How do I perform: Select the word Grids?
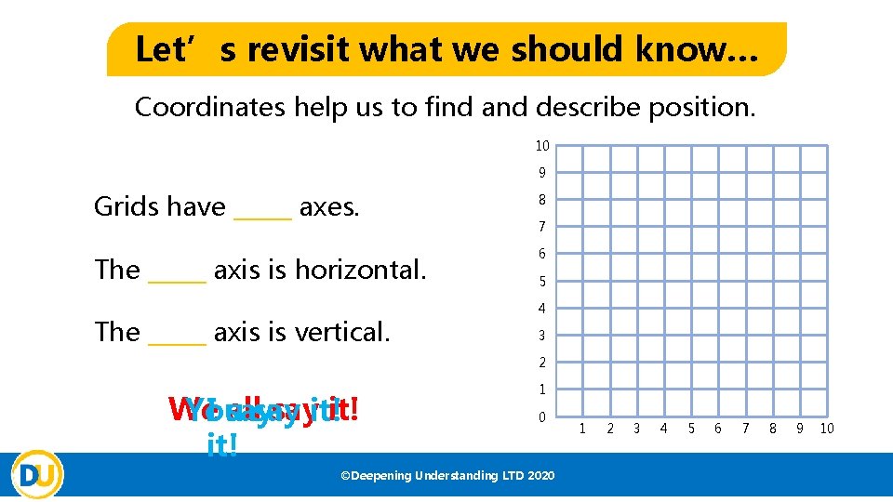click(125, 206)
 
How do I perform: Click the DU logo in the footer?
click(38, 474)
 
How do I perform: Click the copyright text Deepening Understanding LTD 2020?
click(447, 476)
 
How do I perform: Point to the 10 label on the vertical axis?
click(541, 145)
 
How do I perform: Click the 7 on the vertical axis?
click(541, 227)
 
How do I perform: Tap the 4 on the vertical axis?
click(541, 309)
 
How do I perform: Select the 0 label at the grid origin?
click(541, 417)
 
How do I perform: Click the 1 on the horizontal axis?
click(582, 429)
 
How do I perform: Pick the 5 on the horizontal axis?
click(690, 429)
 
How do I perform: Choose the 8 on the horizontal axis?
click(772, 429)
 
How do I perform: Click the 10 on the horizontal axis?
click(828, 429)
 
